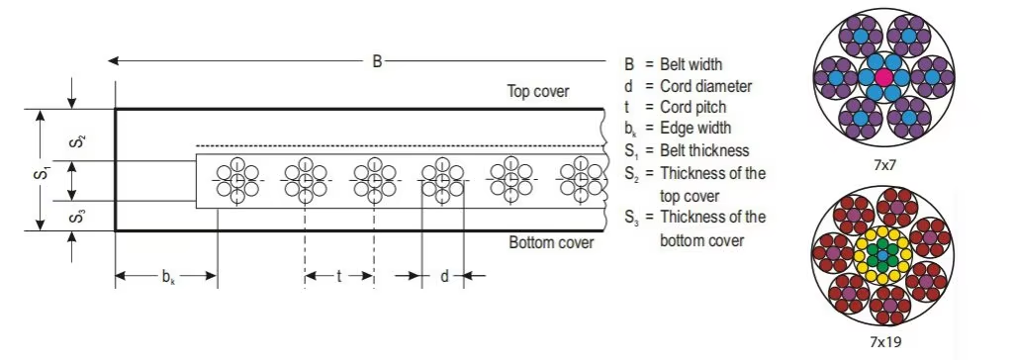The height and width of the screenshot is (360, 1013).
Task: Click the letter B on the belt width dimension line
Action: [x=377, y=62]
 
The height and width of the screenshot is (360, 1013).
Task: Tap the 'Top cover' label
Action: [x=538, y=91]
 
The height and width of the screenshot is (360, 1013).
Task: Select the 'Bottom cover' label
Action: [x=551, y=243]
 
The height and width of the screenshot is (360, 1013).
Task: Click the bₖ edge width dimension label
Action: [x=168, y=278]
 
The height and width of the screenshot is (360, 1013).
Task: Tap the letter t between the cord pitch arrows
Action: [x=338, y=277]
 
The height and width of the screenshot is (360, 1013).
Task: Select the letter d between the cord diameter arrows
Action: [x=444, y=277]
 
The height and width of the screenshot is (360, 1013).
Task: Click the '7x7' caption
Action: [x=883, y=165]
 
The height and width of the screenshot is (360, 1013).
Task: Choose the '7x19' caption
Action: [x=884, y=340]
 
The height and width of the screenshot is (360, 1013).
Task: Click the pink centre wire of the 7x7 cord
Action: [x=883, y=76]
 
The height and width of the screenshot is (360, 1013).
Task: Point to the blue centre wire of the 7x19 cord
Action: [x=883, y=255]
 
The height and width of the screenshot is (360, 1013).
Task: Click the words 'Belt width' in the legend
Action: [x=691, y=64]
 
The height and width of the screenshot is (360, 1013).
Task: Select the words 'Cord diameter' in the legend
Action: [x=706, y=86]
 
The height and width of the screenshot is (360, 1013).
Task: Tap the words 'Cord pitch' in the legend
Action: [x=693, y=107]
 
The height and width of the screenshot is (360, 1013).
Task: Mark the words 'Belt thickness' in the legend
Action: [x=704, y=150]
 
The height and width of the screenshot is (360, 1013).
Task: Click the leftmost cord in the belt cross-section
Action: [x=237, y=180]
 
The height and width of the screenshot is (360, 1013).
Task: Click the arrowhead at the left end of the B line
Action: [x=114, y=61]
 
